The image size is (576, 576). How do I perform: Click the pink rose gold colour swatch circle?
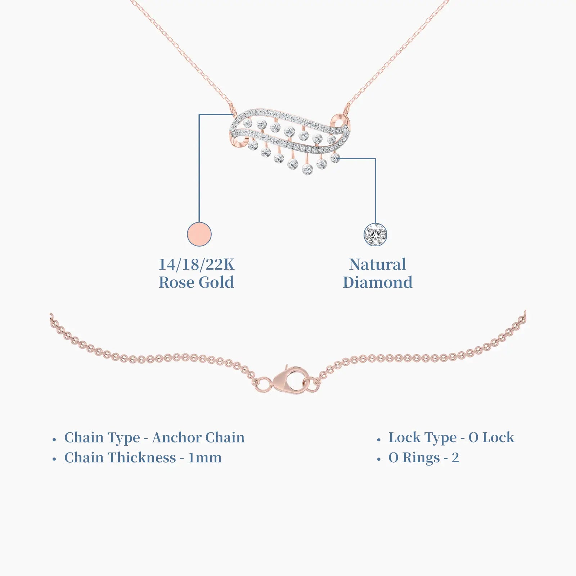click(199, 234)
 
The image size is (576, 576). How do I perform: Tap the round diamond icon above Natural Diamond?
click(375, 235)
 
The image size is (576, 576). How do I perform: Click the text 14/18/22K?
click(197, 265)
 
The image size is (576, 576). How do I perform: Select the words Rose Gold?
click(197, 283)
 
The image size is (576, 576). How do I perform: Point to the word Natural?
click(378, 265)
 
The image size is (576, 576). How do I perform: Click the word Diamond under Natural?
click(378, 283)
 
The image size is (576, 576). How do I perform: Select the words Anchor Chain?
click(198, 438)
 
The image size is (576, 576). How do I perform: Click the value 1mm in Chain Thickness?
click(205, 458)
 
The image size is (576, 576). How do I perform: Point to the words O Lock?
click(491, 438)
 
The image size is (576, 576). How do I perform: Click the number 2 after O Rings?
click(455, 458)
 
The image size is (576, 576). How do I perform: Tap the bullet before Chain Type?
click(54, 440)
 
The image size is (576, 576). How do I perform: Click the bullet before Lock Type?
click(379, 440)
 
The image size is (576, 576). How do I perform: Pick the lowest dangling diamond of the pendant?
click(307, 169)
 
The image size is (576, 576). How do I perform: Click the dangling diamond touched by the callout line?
click(335, 158)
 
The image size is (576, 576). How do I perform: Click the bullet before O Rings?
click(379, 460)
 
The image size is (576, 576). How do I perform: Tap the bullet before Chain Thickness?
click(54, 460)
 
